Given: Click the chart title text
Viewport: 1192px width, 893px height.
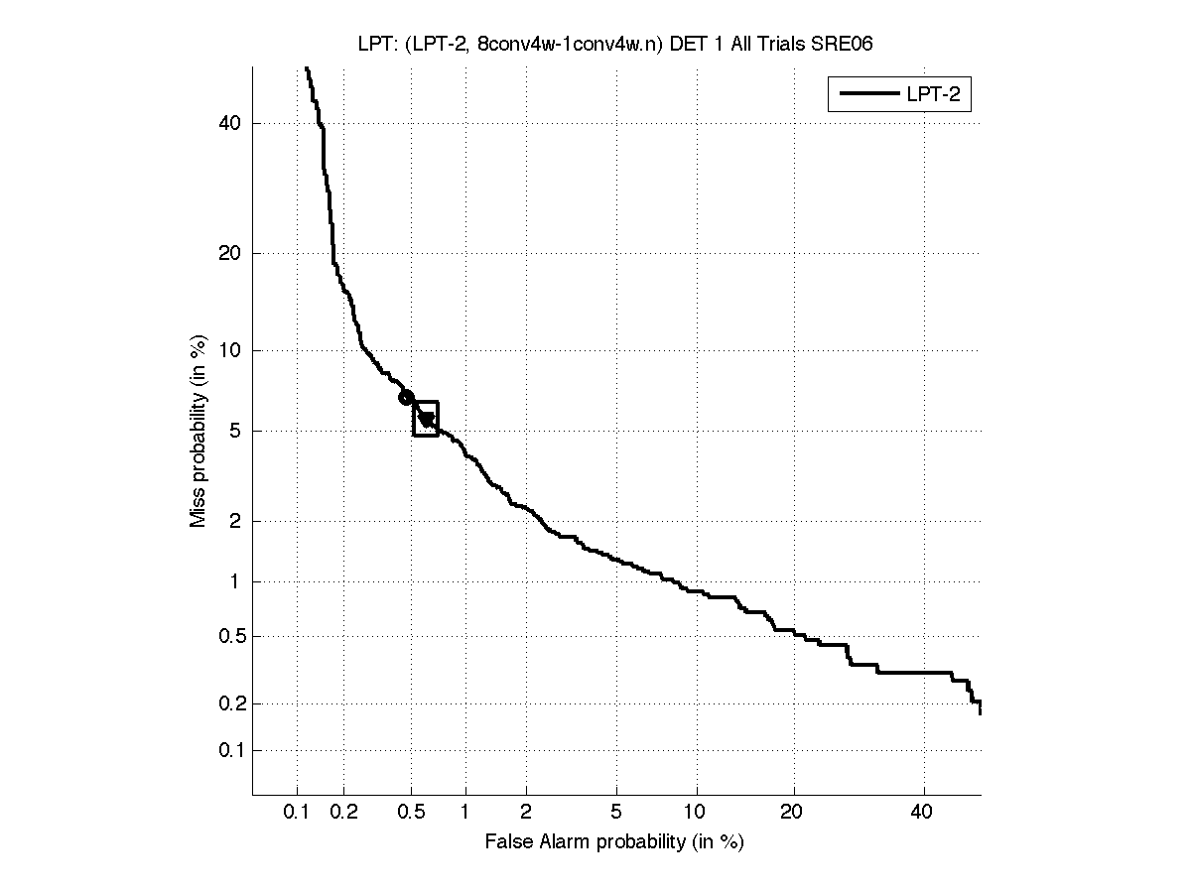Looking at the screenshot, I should point(615,44).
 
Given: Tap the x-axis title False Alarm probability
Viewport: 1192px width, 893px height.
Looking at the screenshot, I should point(614,842).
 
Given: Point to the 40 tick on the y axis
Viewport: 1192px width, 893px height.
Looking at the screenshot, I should point(230,124).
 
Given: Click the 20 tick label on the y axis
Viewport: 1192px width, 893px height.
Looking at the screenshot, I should point(230,253).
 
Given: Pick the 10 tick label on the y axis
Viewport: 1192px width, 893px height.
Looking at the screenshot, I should point(230,350).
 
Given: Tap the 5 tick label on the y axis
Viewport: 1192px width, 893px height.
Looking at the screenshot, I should point(235,432).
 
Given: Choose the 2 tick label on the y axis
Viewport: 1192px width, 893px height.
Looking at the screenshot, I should point(235,521).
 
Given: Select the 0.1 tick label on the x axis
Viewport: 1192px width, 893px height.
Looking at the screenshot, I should point(297,813).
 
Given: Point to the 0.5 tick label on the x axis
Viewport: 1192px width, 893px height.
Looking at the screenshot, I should point(410,813).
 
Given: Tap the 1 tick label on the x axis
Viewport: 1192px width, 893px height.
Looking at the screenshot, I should point(464,813).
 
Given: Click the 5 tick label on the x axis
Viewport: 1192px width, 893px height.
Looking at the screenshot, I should point(616,813).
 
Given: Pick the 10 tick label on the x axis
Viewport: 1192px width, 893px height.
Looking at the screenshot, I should point(697,813).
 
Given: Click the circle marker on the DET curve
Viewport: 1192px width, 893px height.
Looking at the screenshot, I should point(406,398).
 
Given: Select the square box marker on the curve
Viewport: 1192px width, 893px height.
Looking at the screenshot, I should point(426,419).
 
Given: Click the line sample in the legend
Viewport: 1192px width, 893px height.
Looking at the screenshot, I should point(867,95).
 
